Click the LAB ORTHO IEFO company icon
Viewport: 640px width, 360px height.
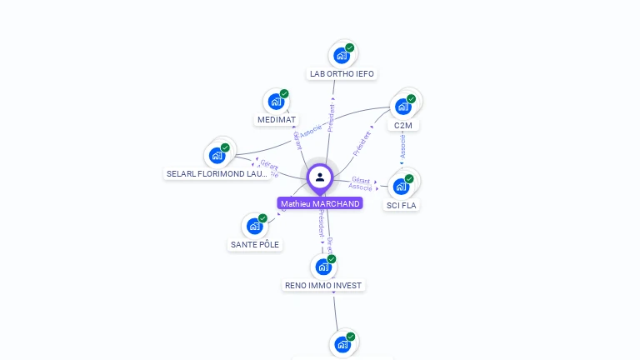point(341,56)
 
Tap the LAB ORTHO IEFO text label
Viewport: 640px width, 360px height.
point(342,74)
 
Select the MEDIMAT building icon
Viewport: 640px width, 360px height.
point(275,102)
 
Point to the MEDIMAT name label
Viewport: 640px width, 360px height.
point(277,120)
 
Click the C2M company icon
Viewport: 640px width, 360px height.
point(402,107)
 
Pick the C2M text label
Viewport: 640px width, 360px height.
point(403,126)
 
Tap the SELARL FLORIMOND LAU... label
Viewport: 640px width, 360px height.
point(217,174)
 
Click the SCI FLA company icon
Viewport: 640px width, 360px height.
point(401,186)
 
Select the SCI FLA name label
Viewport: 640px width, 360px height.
point(402,205)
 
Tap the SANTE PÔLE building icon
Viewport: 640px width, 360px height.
point(254,226)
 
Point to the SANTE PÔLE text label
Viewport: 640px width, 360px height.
point(255,245)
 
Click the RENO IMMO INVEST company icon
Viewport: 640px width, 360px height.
point(322,267)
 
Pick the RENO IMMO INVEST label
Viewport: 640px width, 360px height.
point(323,286)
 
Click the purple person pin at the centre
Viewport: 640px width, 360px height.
point(320,177)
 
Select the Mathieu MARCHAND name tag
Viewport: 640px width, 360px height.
point(320,204)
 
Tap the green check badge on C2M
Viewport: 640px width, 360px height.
point(411,98)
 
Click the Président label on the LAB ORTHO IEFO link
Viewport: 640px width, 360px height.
point(331,117)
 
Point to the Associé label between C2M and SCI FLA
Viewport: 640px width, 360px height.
point(403,146)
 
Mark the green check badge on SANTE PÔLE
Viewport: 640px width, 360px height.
point(262,218)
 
